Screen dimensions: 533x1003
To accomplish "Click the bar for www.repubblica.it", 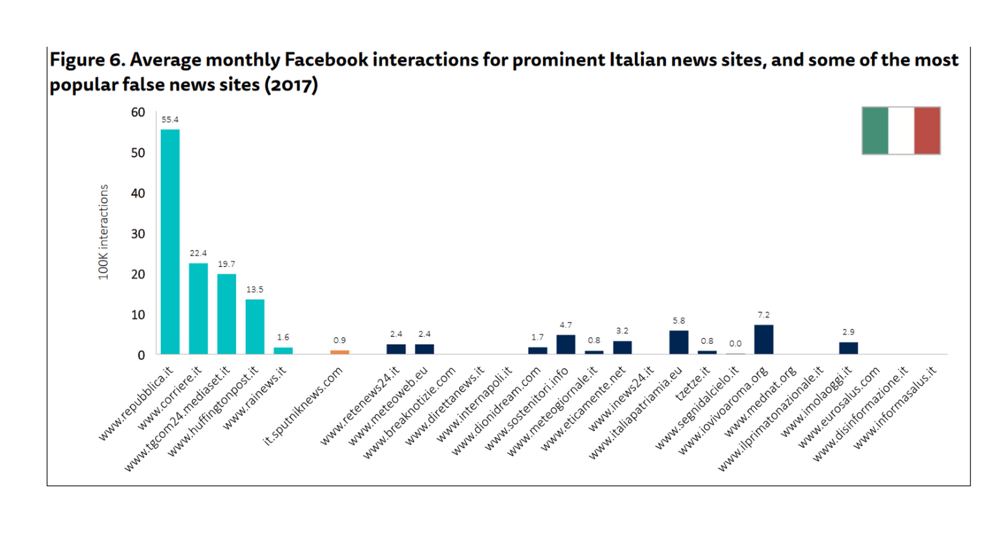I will [x=170, y=241].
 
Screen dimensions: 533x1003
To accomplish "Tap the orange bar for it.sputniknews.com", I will [x=340, y=352].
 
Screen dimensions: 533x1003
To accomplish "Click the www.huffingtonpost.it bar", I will [x=255, y=327].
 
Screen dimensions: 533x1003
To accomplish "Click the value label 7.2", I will [x=763, y=315].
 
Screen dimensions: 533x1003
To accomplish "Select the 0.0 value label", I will [x=735, y=344].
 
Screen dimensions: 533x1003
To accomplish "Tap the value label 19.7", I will [x=226, y=264].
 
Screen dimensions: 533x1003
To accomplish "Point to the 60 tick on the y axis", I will [x=138, y=113].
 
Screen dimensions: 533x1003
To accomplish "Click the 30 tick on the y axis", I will [x=138, y=234].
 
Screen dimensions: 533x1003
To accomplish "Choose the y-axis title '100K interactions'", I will [x=103, y=232].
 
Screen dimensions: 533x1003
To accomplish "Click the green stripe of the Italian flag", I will [x=875, y=130].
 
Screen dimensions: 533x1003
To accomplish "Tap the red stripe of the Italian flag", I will [x=927, y=130].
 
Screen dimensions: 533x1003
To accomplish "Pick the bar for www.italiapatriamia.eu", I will [x=679, y=342].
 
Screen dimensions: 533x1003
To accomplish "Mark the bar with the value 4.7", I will [x=566, y=344].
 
